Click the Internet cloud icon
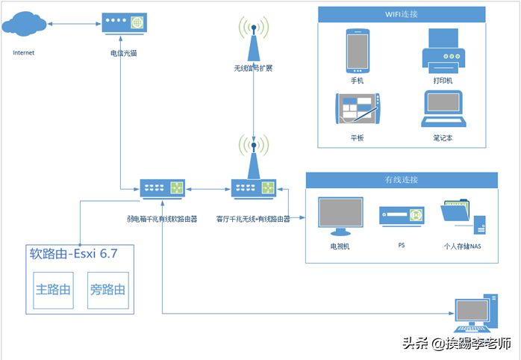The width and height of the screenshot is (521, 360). click(24, 25)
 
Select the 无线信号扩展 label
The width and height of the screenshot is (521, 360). click(253, 68)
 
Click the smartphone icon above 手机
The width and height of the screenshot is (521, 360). click(356, 49)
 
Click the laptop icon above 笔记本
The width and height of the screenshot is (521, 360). click(443, 109)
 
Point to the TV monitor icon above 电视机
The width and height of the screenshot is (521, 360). click(340, 216)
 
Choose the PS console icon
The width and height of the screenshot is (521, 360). click(402, 216)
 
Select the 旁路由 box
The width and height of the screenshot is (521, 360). click(106, 289)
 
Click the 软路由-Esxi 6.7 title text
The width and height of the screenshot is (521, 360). click(73, 254)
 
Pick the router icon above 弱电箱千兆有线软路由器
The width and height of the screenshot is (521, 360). click(162, 189)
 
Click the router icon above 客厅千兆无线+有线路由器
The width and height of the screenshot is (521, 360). click(253, 189)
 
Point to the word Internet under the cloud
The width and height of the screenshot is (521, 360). click(24, 53)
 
